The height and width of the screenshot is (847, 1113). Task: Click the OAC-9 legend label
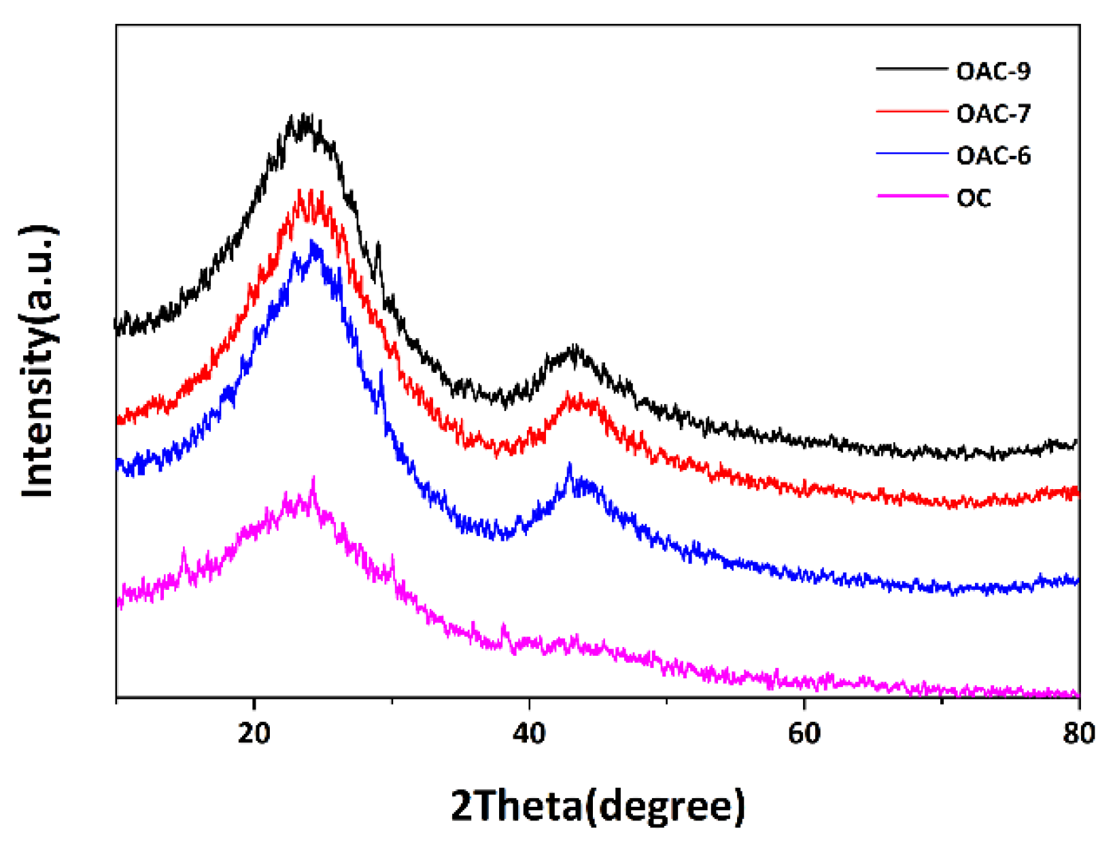point(993,71)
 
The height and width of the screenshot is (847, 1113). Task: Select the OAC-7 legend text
point(993,113)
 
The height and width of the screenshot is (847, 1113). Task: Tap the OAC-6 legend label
point(993,156)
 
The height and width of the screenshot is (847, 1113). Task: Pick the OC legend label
point(974,198)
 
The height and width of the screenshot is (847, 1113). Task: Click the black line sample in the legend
point(911,69)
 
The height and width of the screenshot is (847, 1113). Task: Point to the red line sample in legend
point(911,111)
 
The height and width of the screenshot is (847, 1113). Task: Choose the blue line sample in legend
point(911,154)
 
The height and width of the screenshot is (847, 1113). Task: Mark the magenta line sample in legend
point(911,196)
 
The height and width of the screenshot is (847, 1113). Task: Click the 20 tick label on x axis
point(254,733)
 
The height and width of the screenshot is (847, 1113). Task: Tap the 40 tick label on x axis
point(529,733)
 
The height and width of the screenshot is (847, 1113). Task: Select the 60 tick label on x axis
point(804,733)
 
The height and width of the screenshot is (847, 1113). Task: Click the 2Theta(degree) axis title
point(598,806)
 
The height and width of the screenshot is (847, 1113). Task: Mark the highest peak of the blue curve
point(313,242)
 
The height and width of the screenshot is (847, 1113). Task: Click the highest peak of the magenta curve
point(313,478)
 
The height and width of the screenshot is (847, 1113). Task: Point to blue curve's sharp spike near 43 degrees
point(569,464)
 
